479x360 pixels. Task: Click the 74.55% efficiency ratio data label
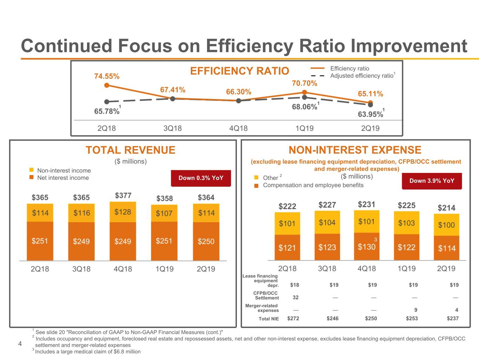[x=107, y=76]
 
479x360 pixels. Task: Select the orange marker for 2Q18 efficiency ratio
[x=107, y=85]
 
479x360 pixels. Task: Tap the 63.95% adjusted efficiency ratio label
[x=370, y=114]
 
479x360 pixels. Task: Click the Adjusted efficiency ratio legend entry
[x=362, y=76]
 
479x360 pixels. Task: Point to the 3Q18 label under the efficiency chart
[x=172, y=128]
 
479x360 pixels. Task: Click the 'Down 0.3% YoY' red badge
[x=201, y=178]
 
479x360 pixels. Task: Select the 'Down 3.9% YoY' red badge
[x=432, y=181]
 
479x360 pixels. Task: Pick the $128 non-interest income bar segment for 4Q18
[x=122, y=212]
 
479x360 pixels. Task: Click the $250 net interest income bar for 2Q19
[x=206, y=242]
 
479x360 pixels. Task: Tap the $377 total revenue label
[x=123, y=195]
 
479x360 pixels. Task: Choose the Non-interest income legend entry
[x=64, y=171]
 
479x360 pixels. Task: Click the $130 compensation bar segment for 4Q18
[x=366, y=247]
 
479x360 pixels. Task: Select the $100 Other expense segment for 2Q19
[x=446, y=225]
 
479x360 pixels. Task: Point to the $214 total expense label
[x=446, y=208]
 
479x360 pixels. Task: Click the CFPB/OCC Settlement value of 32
[x=295, y=297]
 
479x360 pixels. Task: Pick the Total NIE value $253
[x=412, y=319]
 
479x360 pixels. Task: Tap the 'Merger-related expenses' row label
[x=261, y=308]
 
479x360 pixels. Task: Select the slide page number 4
[x=20, y=344]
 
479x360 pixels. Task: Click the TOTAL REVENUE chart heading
[x=131, y=150]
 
